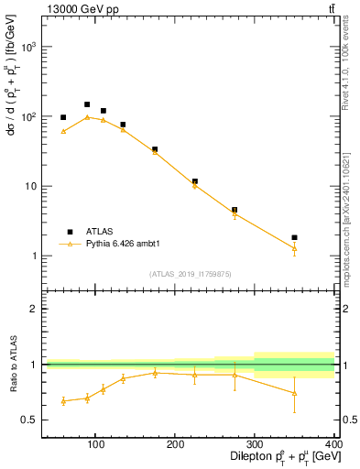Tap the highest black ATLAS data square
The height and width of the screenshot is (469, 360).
click(87, 104)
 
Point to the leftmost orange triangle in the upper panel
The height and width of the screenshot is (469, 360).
click(63, 131)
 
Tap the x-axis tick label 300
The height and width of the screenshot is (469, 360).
click(254, 444)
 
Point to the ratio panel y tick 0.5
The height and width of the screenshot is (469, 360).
click(33, 420)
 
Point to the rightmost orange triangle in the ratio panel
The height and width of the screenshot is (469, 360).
click(294, 393)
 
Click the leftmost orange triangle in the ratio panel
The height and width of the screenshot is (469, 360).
click(63, 400)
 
